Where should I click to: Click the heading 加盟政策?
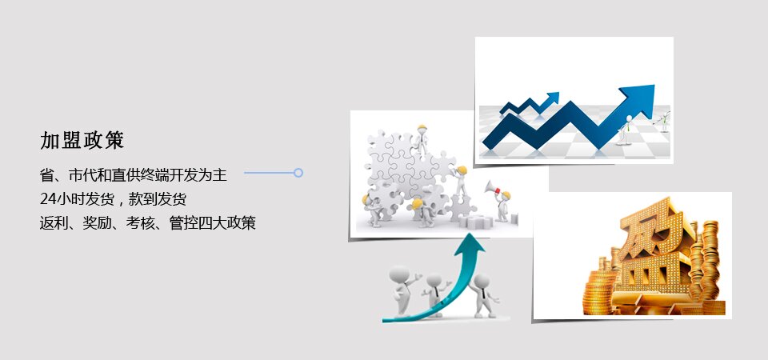click(x=82, y=141)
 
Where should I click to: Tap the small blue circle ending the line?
click(x=298, y=173)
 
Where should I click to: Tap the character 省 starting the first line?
click(x=46, y=175)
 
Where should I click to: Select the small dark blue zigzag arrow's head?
click(x=553, y=97)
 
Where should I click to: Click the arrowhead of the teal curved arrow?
click(x=469, y=245)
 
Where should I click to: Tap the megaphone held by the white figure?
click(x=490, y=187)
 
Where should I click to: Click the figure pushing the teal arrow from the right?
click(x=483, y=295)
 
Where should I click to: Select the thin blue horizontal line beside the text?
click(x=269, y=173)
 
